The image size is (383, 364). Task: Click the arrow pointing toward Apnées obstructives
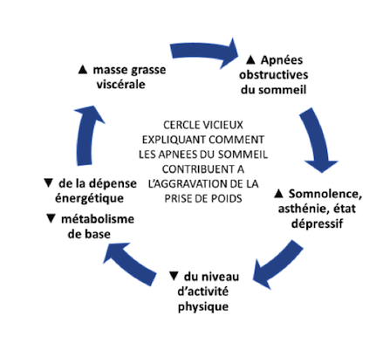point(203,52)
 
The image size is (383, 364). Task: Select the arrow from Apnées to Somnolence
point(317,140)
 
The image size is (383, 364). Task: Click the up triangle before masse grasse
point(83,70)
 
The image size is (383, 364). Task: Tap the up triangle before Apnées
point(250,60)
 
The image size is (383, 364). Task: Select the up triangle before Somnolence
point(278,194)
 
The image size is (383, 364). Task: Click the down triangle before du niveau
point(174,276)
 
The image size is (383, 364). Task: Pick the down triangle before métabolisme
point(51,218)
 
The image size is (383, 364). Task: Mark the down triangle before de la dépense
point(48,183)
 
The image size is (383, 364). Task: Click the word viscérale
point(121,85)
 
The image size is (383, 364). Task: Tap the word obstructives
point(274,75)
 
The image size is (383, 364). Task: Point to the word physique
point(203,306)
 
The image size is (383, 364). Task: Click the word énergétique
point(89,198)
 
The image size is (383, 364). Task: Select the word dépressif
point(317,223)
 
